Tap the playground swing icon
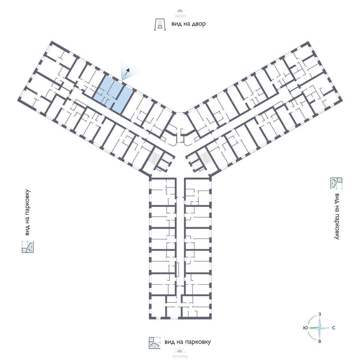(x=160, y=24)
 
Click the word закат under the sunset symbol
(x=180, y=17)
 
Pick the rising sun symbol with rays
(x=180, y=350)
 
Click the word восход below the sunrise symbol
(x=180, y=356)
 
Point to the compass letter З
(x=320, y=314)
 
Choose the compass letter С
(x=334, y=328)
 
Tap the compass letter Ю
(x=305, y=328)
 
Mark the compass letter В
(x=320, y=341)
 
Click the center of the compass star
(x=320, y=328)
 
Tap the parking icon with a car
(x=155, y=343)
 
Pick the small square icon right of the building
(x=336, y=183)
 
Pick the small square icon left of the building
(x=28, y=247)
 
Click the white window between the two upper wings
(x=180, y=113)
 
